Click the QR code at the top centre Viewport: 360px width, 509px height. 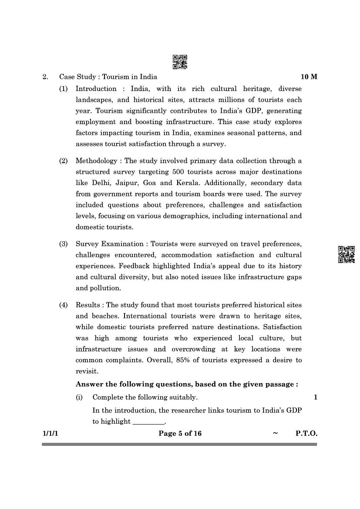point(180,62)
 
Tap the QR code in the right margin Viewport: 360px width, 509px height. point(347,255)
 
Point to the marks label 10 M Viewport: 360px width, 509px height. point(309,77)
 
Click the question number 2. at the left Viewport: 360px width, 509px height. point(45,77)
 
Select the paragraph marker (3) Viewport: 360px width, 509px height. point(64,244)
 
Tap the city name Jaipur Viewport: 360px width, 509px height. point(116,183)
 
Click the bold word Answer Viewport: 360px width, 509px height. point(89,384)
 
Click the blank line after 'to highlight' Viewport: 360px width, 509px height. point(148,421)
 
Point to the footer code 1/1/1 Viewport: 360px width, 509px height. point(49,434)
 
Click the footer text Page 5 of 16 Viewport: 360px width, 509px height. point(180,434)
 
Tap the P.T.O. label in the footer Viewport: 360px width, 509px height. point(306,434)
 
